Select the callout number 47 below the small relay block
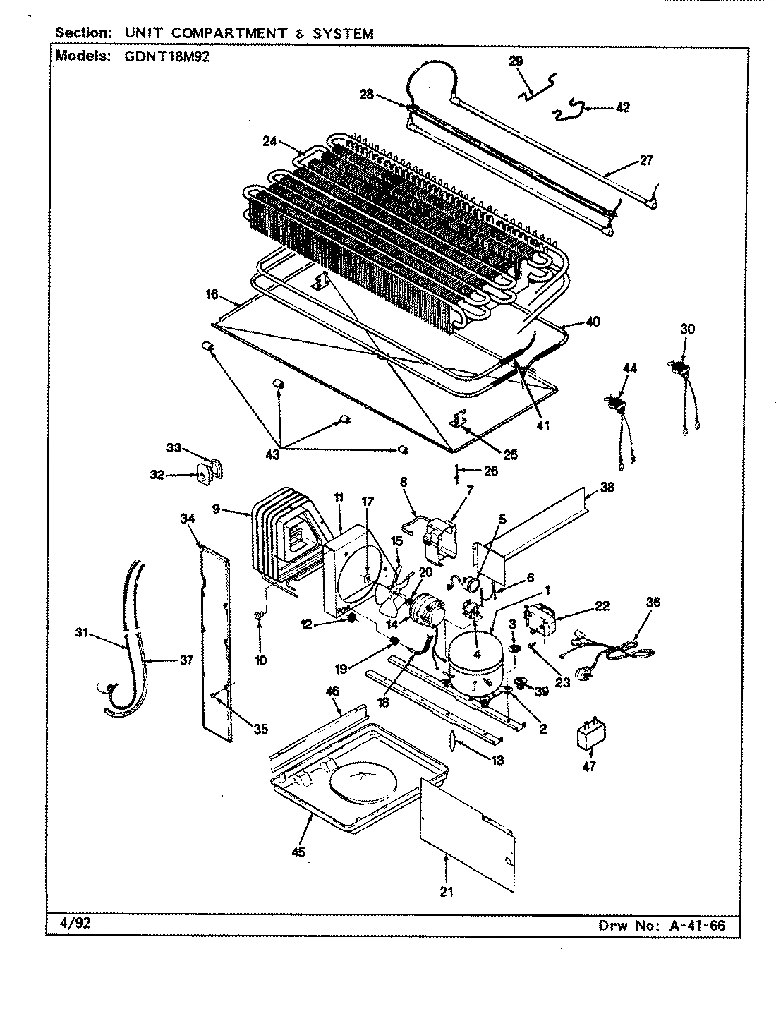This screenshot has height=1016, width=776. [589, 766]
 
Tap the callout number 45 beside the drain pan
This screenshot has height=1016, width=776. [298, 853]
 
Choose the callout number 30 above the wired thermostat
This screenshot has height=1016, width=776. [687, 329]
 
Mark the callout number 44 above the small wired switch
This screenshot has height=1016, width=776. [629, 368]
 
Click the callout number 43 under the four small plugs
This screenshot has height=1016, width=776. [272, 455]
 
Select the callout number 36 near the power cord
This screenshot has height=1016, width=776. [653, 602]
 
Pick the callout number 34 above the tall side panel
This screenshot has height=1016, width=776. [187, 519]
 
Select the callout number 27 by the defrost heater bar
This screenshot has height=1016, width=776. [645, 160]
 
